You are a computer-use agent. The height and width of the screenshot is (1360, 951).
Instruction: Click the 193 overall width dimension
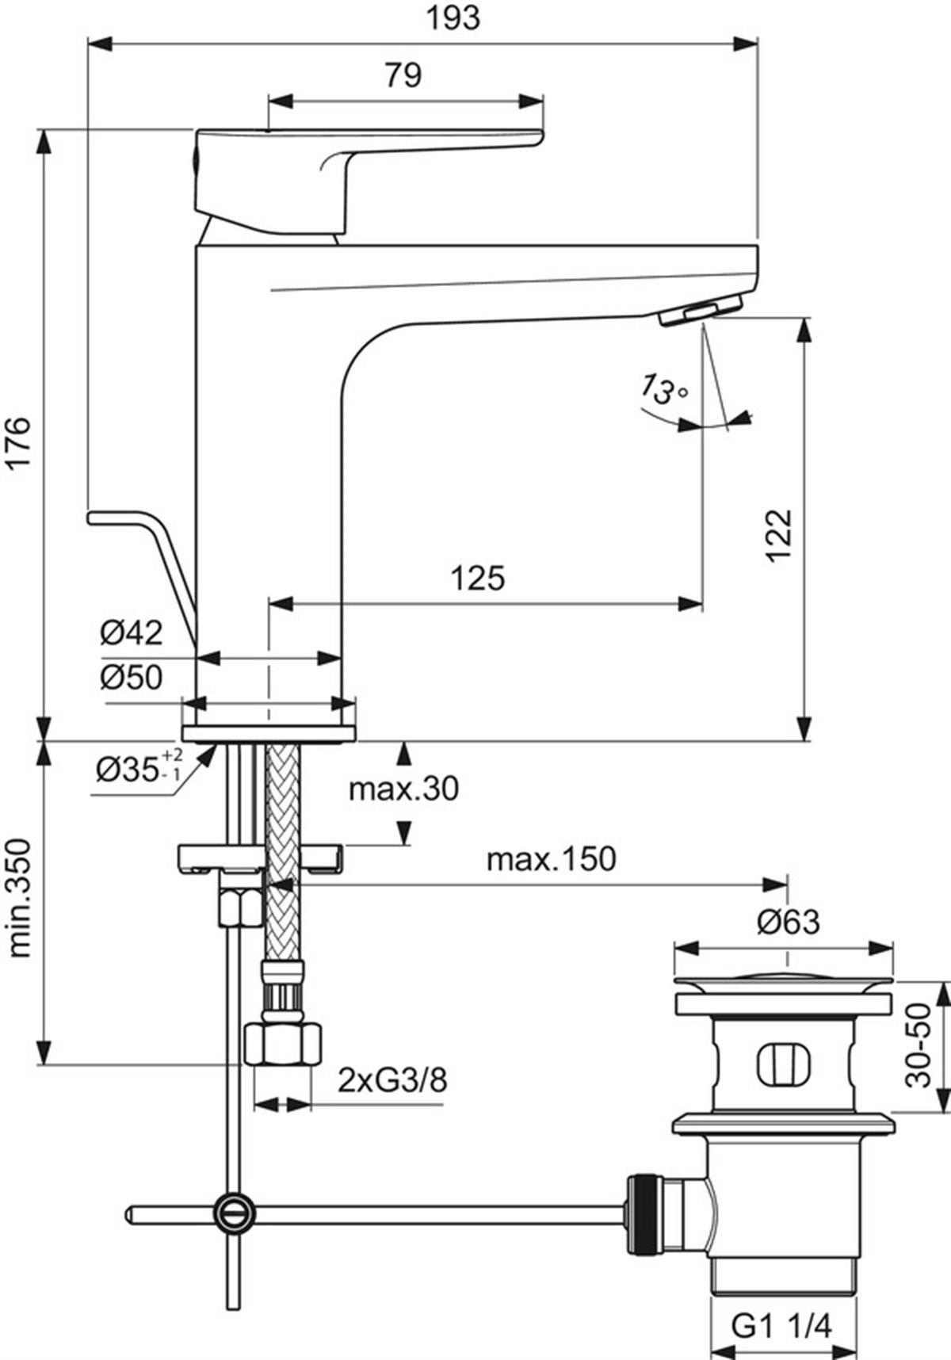[454, 17]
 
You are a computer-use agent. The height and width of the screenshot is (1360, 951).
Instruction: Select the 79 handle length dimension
[403, 75]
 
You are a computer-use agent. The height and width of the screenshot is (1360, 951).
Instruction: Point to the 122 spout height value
[778, 536]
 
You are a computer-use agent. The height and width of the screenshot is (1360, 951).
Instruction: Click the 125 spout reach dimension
[478, 579]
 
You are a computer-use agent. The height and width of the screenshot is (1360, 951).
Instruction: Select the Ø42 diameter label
[132, 632]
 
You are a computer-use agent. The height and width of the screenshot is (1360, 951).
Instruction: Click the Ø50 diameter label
[132, 678]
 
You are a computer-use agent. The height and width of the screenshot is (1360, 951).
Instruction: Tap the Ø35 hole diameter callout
[139, 766]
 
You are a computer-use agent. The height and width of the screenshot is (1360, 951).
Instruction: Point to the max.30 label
[404, 789]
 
